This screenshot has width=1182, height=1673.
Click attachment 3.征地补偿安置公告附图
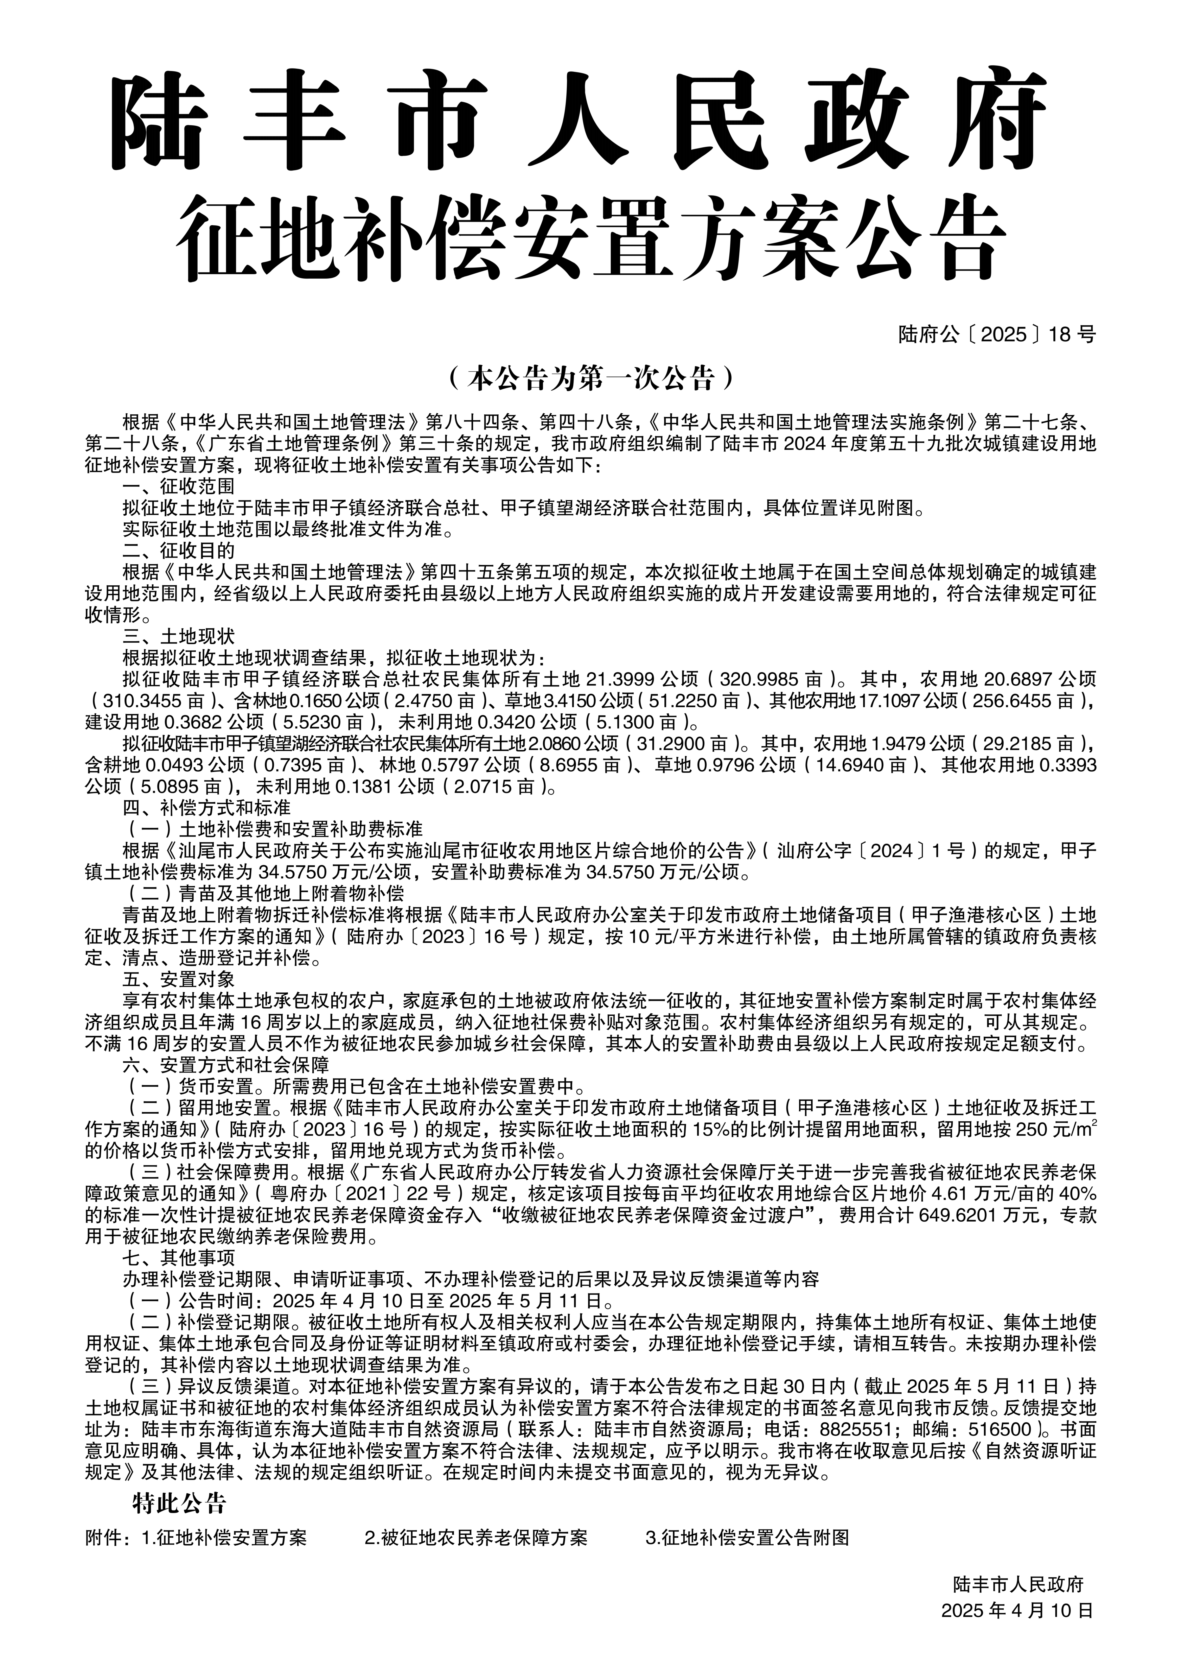[x=747, y=1538]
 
